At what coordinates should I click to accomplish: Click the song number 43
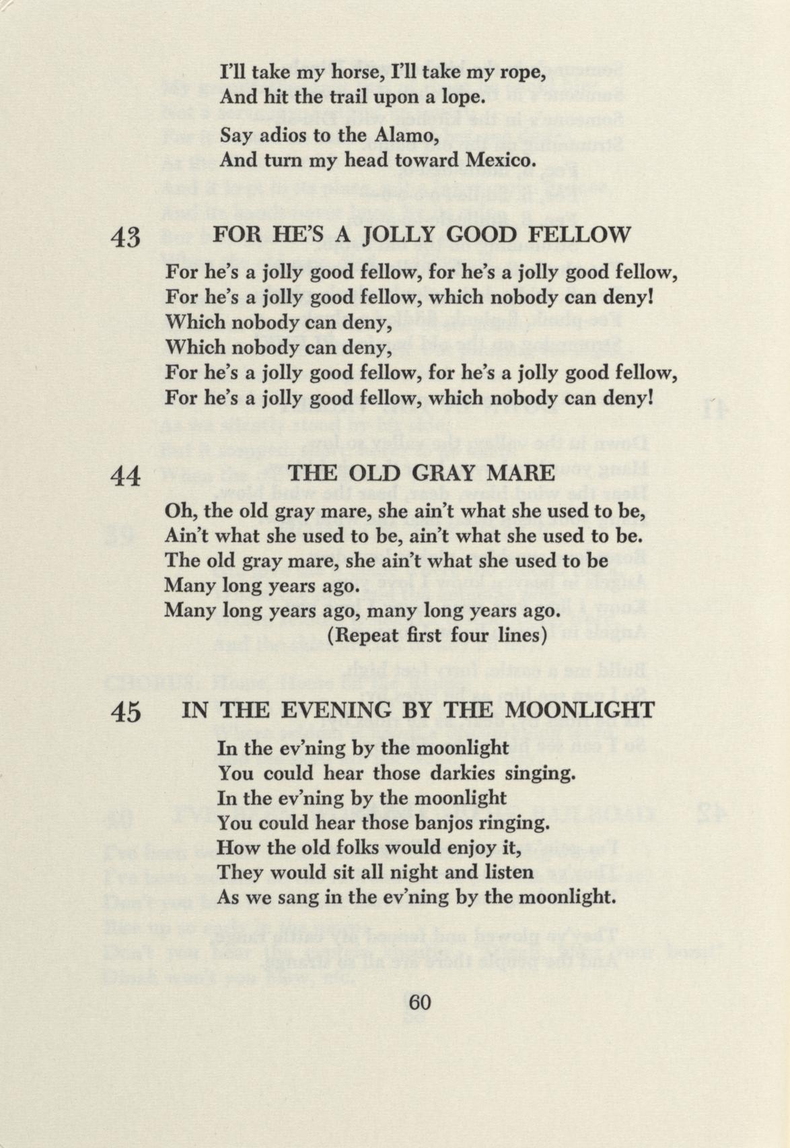(127, 238)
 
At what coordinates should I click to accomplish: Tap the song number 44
(127, 476)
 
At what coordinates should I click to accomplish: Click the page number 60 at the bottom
(419, 1002)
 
